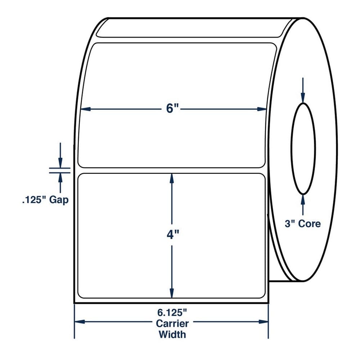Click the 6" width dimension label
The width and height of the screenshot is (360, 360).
172,108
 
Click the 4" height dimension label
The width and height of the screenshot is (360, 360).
173,235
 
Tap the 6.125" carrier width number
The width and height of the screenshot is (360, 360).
172,312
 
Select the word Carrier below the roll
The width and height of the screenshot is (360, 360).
172,324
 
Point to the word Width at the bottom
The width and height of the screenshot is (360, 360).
172,334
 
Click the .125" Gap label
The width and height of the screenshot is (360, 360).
45,200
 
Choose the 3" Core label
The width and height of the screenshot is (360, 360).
303,224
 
